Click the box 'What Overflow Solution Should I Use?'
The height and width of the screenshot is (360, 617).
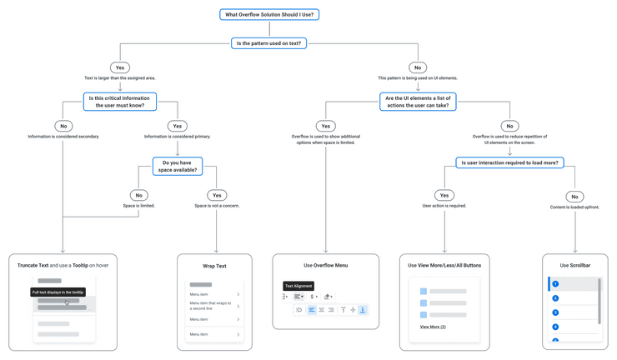269,14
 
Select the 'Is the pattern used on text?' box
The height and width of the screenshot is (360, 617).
269,42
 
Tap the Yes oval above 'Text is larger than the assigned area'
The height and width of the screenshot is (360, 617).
120,67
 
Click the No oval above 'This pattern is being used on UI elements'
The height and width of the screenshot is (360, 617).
417,67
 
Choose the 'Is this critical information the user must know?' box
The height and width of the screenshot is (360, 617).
119,102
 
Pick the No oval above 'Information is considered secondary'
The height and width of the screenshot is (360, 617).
63,126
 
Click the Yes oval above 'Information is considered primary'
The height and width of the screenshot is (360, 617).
177,126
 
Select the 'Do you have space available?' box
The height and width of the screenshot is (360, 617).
178,165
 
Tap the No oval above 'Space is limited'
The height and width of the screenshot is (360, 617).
139,195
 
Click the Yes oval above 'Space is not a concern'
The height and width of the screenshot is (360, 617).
216,195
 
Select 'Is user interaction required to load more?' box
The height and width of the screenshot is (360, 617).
509,162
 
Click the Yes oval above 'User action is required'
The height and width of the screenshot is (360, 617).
444,195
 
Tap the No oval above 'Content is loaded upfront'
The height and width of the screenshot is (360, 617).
574,197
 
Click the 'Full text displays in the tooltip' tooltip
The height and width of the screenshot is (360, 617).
58,292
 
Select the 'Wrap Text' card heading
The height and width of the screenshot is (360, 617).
214,266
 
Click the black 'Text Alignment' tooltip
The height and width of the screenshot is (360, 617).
299,286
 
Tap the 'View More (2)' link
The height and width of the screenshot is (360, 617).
433,327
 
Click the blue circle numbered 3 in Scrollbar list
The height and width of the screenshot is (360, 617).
555,312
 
